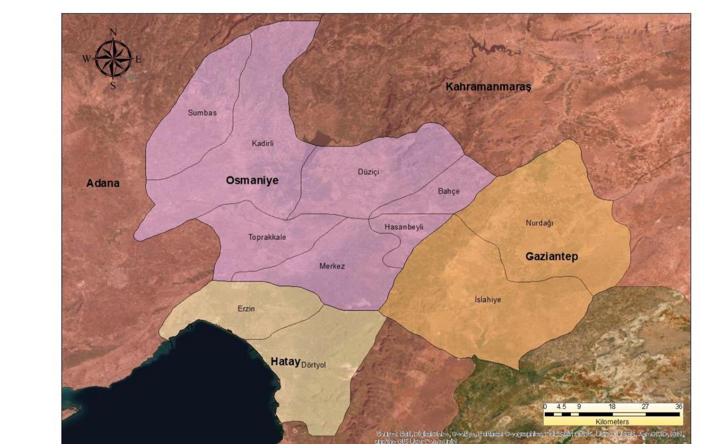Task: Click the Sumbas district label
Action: (202, 113)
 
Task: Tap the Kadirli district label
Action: (263, 143)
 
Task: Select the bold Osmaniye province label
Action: (252, 181)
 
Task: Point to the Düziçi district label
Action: (368, 172)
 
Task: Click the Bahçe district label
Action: (448, 191)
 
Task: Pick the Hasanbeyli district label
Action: (404, 227)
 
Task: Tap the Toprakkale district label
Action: (267, 237)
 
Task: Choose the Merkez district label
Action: (332, 266)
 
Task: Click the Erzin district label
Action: (246, 309)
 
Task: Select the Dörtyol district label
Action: (313, 365)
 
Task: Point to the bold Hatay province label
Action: (286, 361)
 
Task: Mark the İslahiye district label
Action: (487, 300)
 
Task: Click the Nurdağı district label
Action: (539, 223)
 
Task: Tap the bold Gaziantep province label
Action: (552, 257)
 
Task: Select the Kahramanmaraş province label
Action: (488, 87)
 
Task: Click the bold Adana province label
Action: (103, 183)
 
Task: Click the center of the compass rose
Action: (113, 58)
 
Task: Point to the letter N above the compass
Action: (113, 32)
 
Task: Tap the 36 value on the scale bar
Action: (678, 406)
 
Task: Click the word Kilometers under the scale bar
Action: (612, 422)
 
